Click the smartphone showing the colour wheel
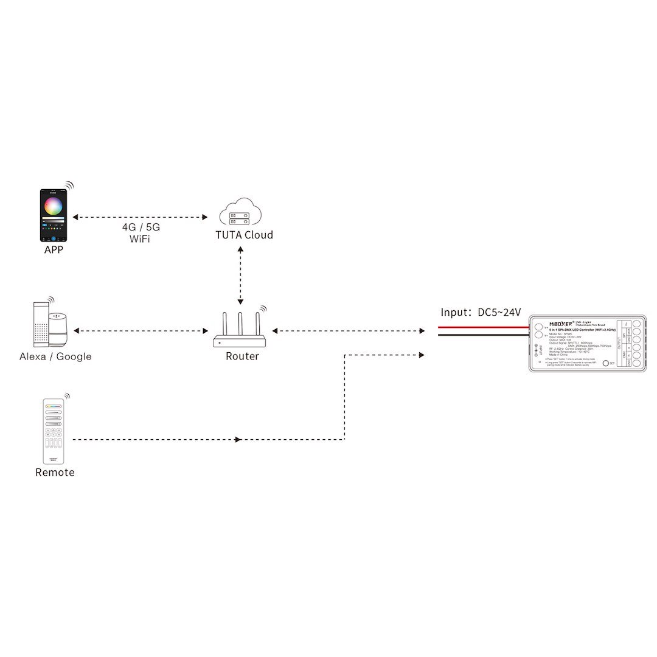tap(54, 215)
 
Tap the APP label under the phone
tap(54, 249)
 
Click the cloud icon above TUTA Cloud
tap(240, 212)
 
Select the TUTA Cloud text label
tap(244, 235)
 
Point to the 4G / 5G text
tap(141, 228)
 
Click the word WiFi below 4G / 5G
tap(141, 239)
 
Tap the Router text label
tap(242, 356)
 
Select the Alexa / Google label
tap(55, 356)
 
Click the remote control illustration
tap(54, 431)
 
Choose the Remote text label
tap(55, 473)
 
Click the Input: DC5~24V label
tap(481, 312)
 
